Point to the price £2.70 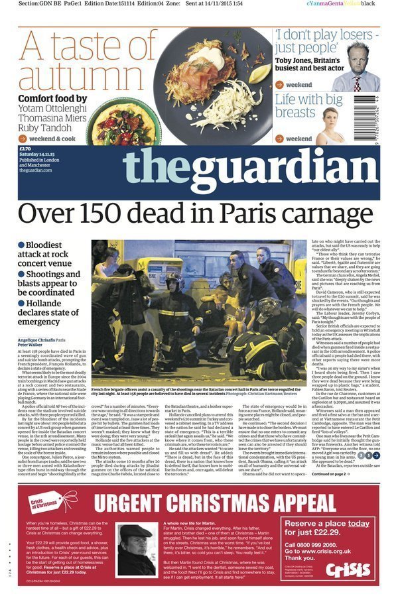click(26, 150)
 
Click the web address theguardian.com click(35, 170)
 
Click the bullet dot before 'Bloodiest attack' click(21, 245)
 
